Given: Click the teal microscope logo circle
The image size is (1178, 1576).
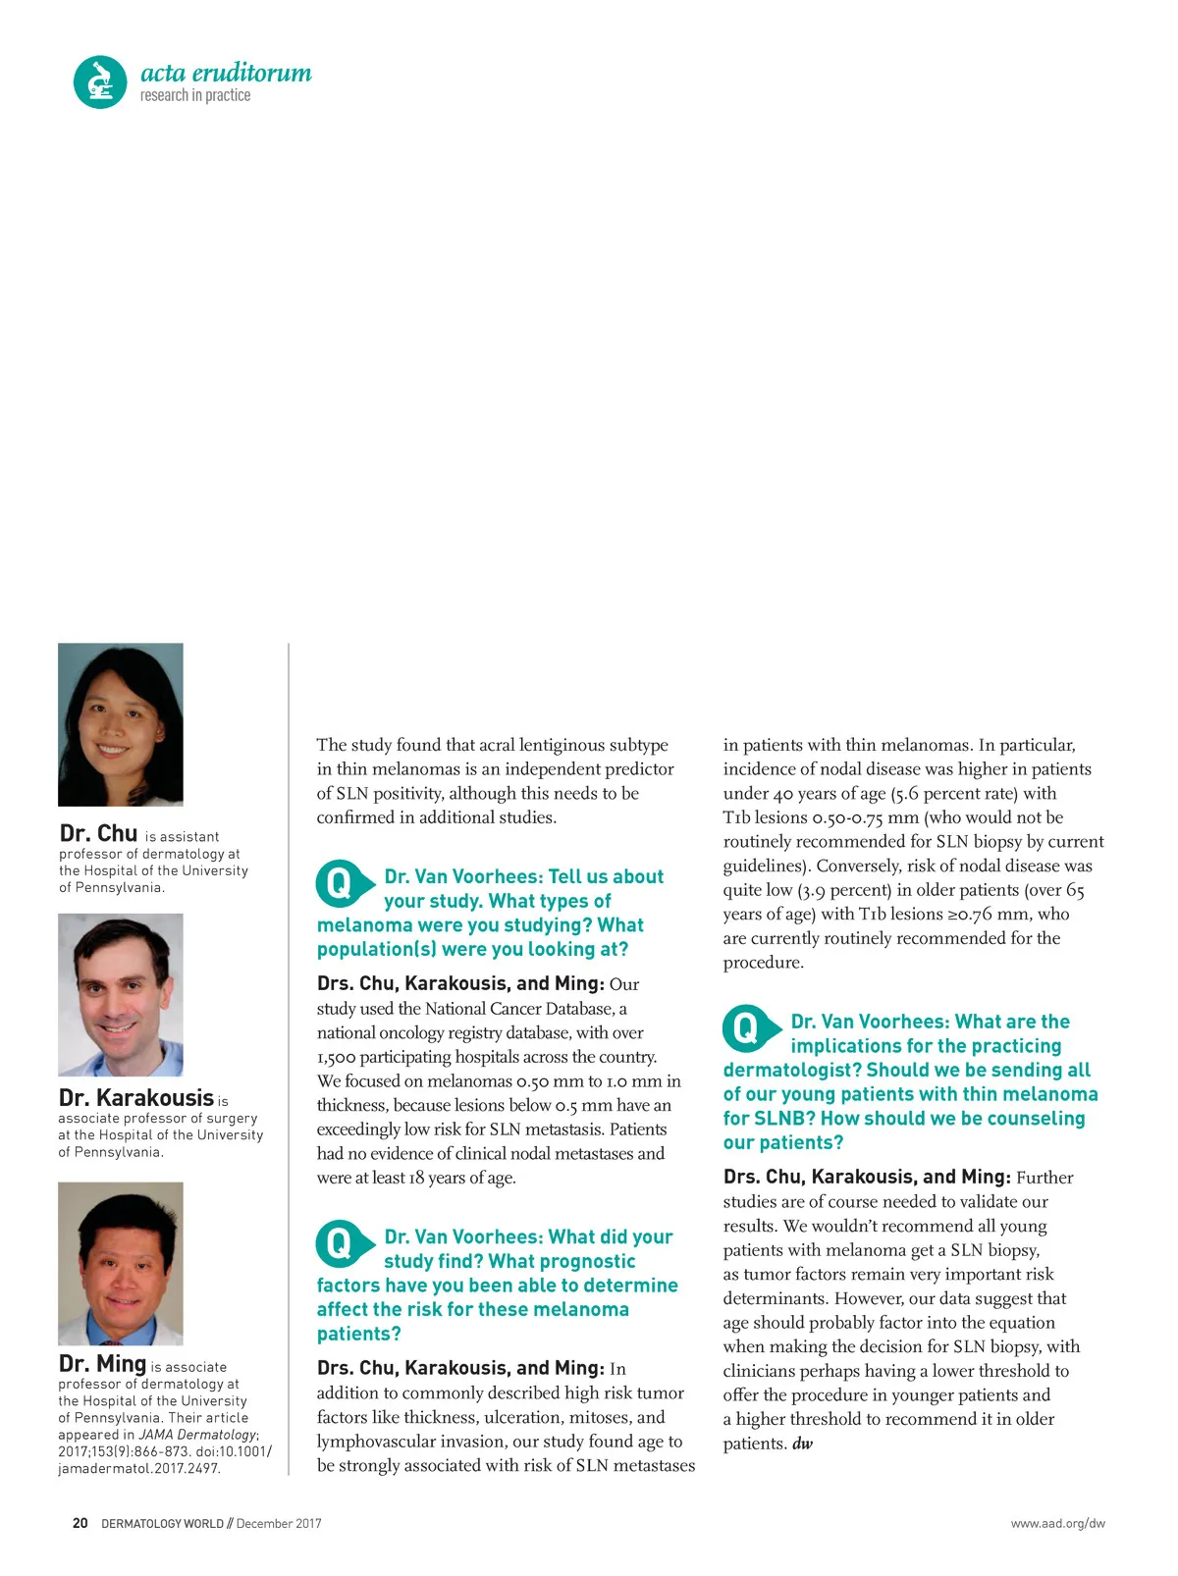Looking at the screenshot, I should pos(100,81).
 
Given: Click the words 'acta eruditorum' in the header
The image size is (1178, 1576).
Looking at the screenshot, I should pos(226,73).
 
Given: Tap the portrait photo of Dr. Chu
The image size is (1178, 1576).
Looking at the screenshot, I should pos(121,724).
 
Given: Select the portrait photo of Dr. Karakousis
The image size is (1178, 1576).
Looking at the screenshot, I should pos(121,994).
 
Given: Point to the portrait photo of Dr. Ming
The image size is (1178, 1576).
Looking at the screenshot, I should pos(121,1263).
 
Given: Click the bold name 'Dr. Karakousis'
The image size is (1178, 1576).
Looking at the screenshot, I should pos(136,1098).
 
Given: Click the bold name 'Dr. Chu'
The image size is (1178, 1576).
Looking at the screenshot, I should pos(98,834).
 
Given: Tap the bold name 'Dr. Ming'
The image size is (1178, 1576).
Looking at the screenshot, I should pos(102,1364).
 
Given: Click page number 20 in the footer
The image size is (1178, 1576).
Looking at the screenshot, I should pos(80,1524).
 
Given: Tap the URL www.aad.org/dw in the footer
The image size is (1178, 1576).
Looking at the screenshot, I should pos(1057,1524).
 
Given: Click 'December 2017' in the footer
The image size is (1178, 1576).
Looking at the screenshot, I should pos(279,1524).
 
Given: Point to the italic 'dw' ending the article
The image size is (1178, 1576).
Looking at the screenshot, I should pos(803,1444).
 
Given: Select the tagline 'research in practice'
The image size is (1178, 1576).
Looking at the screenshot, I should pos(195,96).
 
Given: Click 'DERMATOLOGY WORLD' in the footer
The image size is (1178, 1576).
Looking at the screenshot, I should pos(161,1524).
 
